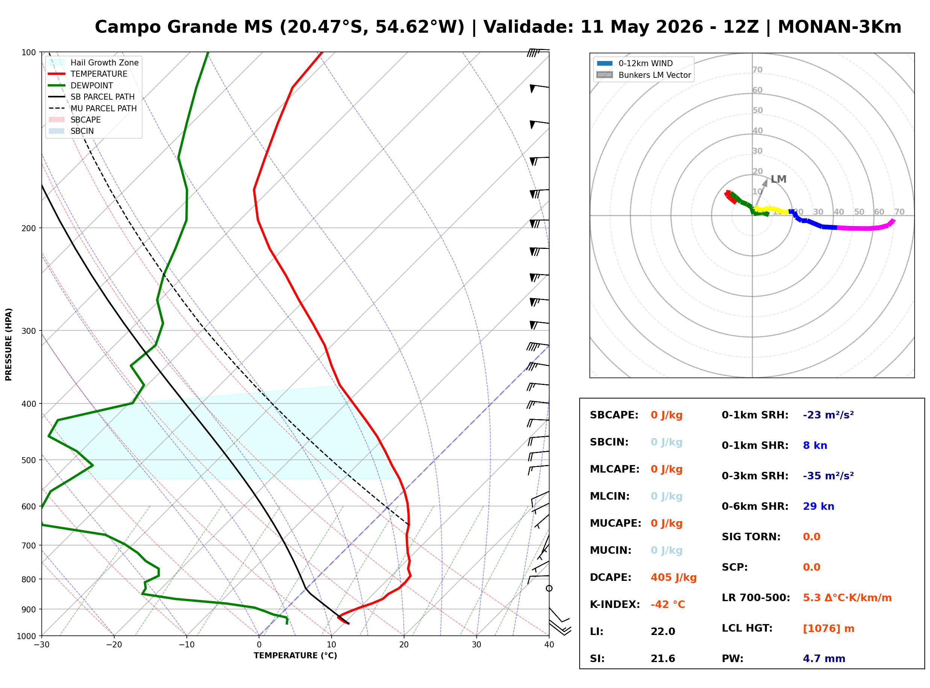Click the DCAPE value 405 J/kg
tap(674, 577)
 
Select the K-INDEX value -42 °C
tap(668, 605)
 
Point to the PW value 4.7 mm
tap(824, 659)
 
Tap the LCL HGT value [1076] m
tap(829, 629)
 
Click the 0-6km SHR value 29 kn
tap(818, 506)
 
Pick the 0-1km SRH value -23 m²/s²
tap(829, 415)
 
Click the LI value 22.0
tap(663, 632)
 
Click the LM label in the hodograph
tap(779, 179)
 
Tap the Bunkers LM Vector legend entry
tap(644, 75)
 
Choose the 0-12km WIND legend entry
tap(635, 63)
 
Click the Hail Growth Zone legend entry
tap(94, 62)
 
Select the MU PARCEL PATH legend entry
tap(93, 108)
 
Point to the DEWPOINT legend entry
tap(81, 85)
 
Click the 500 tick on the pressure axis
tap(29, 460)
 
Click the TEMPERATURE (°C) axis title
tap(295, 656)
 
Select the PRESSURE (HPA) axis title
tap(9, 344)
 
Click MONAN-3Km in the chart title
tap(839, 27)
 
